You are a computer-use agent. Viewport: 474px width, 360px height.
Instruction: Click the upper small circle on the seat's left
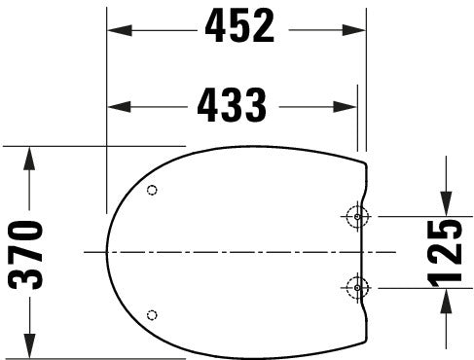coord(151,191)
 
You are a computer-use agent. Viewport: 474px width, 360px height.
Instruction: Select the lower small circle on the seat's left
coord(151,313)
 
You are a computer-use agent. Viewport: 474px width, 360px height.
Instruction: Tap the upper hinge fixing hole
coord(357,216)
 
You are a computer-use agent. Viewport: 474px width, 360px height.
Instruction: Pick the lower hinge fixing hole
coord(357,287)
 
